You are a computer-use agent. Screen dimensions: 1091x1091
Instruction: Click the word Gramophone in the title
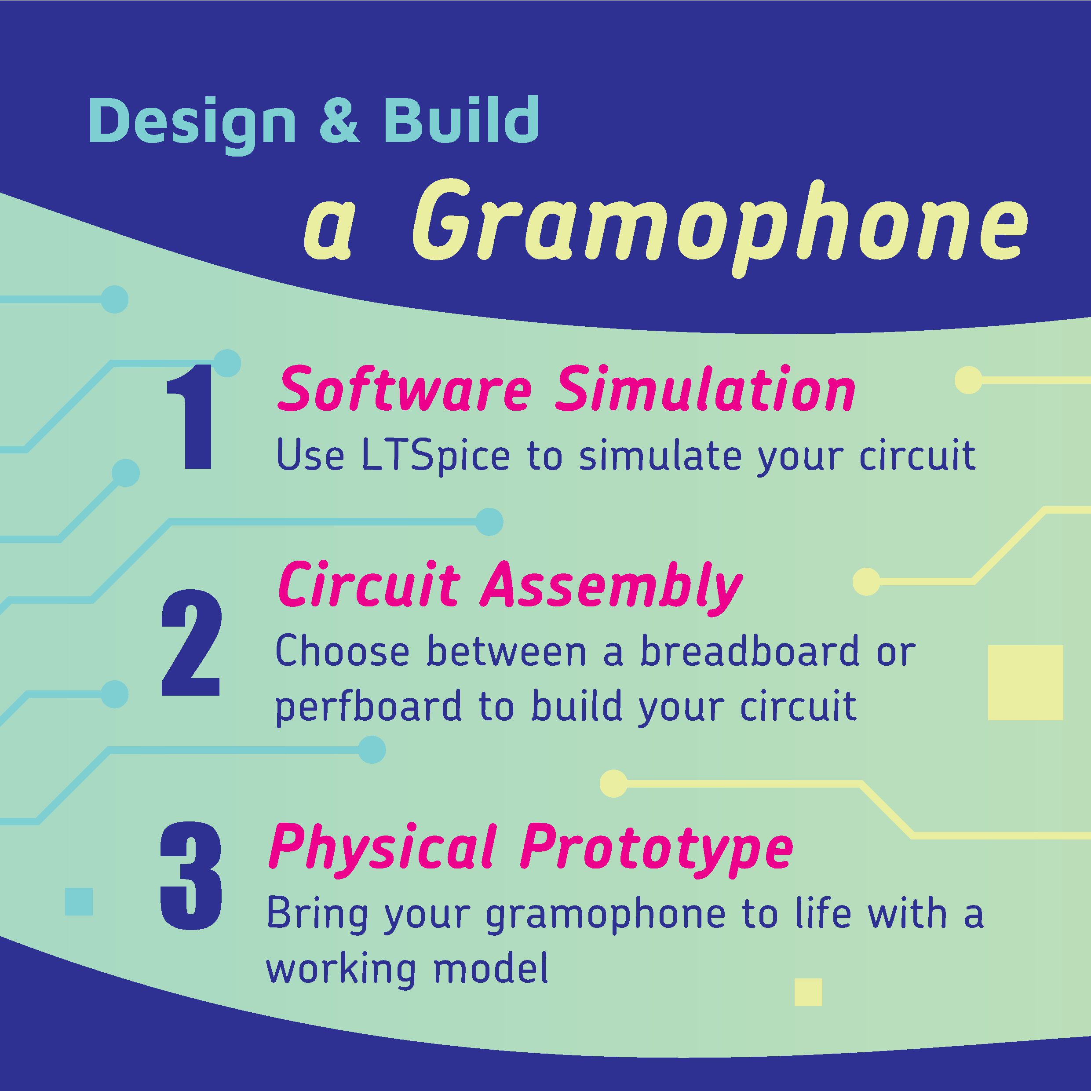pyautogui.click(x=720, y=228)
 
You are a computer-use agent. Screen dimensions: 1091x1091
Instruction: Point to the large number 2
pyautogui.click(x=190, y=643)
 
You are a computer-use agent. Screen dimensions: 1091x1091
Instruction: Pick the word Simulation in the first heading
pyautogui.click(x=705, y=389)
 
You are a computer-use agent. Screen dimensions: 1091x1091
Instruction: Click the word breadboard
pyautogui.click(x=749, y=650)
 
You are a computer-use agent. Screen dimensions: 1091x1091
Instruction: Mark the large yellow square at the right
pyautogui.click(x=1025, y=682)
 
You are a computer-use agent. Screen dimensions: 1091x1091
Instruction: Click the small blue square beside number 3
pyautogui.click(x=79, y=901)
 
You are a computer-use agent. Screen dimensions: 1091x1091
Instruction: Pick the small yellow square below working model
pyautogui.click(x=808, y=992)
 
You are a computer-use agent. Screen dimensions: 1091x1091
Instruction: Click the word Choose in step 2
pyautogui.click(x=342, y=649)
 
